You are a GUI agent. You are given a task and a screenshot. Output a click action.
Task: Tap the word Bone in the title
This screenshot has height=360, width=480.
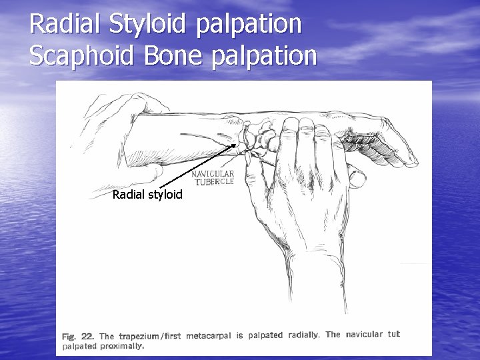[168, 57]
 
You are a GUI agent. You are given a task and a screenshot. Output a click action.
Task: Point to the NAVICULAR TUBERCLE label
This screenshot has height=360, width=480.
[213, 177]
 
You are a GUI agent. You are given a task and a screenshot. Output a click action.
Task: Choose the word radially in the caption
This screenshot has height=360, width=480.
[303, 335]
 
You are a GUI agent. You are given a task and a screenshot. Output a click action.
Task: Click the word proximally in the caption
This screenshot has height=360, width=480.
[121, 346]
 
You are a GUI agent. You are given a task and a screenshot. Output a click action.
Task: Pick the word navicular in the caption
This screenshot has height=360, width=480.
[364, 335]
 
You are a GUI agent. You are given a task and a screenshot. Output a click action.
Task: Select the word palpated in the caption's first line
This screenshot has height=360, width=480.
[265, 335]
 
